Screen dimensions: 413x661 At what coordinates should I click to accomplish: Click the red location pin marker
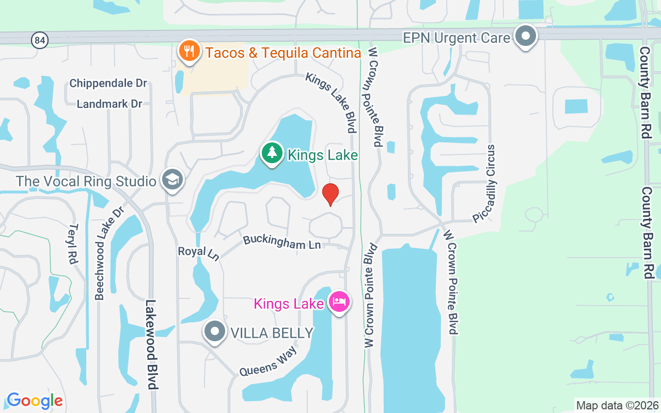coord(330,194)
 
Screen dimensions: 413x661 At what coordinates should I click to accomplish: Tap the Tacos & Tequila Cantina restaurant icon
coord(190,52)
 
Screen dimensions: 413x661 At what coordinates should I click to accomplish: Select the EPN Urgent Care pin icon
coord(526,37)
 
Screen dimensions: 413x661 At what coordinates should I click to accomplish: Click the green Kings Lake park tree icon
coord(272,153)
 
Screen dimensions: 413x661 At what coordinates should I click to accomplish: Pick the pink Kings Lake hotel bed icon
coord(339,303)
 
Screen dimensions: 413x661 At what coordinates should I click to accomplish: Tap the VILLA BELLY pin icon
coord(215,332)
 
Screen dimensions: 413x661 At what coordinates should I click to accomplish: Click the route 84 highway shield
coord(39,40)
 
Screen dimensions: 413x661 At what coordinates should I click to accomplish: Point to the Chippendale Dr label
coord(108,83)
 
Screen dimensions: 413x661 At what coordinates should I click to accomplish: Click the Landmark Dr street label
coord(109,104)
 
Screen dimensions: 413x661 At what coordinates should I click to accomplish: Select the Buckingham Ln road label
coord(282,242)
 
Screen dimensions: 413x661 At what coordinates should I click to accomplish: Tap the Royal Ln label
coord(199,253)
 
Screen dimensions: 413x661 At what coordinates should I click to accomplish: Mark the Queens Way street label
coord(268,361)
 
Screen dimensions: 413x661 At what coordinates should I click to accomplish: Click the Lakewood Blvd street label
coord(151,344)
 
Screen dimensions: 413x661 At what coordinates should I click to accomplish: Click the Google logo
coord(35,400)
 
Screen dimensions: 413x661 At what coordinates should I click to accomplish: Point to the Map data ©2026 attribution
coord(618,406)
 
